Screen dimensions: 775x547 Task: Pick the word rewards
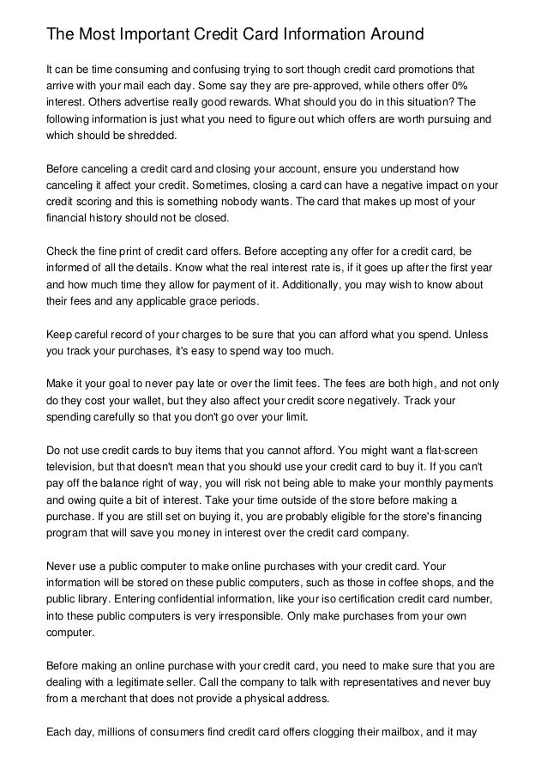point(219,102)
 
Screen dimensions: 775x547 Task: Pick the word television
point(73,466)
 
